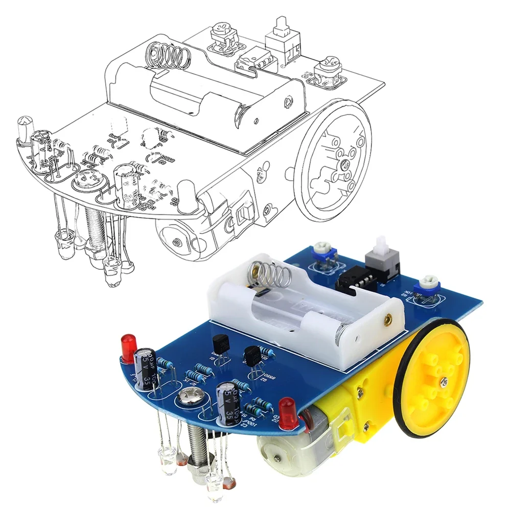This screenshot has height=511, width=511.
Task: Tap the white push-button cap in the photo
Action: [x=381, y=245]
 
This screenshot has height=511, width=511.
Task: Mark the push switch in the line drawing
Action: [x=281, y=41]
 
